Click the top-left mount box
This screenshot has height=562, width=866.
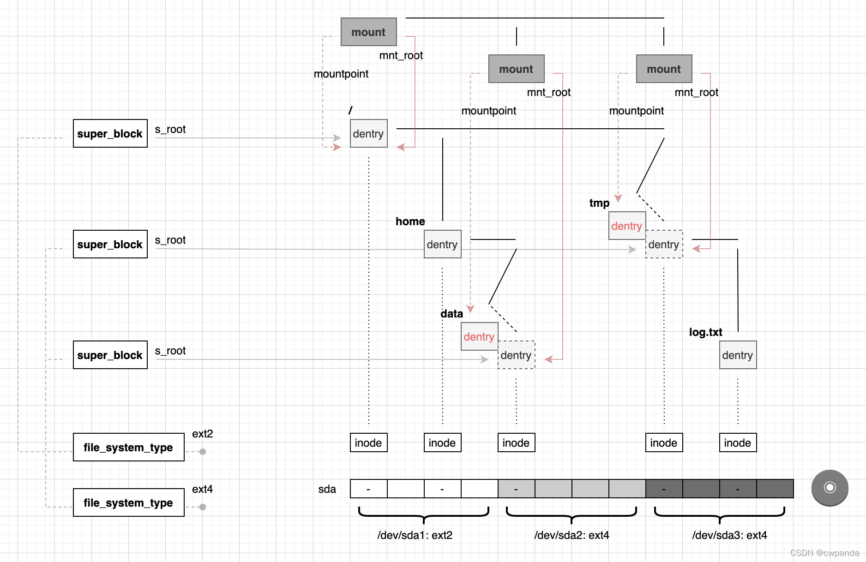368,32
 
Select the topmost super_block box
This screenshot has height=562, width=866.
110,133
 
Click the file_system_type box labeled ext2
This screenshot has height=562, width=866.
129,447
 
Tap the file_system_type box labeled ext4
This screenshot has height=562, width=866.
129,502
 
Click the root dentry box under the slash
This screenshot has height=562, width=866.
368,133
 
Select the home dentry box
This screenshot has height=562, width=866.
442,244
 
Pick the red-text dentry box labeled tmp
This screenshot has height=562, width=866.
627,226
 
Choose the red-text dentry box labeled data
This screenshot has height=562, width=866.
479,336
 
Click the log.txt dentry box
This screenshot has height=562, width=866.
738,355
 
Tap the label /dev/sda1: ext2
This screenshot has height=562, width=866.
415,535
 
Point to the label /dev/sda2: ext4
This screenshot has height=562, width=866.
572,535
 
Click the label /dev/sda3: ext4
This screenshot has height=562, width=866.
730,535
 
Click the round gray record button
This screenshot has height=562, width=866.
830,488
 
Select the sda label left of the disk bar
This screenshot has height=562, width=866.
327,489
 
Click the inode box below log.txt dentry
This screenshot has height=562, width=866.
738,442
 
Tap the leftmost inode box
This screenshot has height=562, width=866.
368,442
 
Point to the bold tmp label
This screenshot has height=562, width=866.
599,203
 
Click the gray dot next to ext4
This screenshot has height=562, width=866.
203,507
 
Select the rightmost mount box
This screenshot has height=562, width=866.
664,69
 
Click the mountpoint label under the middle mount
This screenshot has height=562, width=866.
489,111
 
